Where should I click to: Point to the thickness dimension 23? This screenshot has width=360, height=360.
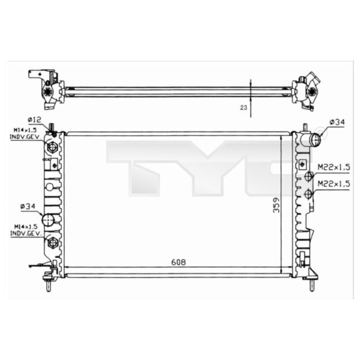click(x=244, y=107)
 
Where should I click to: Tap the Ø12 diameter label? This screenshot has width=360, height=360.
click(x=34, y=119)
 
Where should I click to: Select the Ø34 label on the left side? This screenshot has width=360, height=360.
click(x=27, y=207)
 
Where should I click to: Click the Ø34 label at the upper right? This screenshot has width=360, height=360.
click(x=337, y=122)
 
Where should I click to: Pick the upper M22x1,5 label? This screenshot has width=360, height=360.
click(x=333, y=166)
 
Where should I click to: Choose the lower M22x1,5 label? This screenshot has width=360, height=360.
click(x=333, y=184)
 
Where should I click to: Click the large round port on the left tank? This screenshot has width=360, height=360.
click(x=48, y=220)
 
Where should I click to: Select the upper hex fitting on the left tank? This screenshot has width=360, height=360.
click(x=52, y=148)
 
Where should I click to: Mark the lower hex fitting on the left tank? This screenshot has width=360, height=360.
click(x=53, y=243)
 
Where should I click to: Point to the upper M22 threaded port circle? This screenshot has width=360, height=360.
click(x=308, y=176)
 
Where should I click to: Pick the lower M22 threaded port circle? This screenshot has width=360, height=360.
click(x=308, y=194)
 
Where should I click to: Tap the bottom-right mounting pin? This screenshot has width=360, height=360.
click(x=310, y=284)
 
